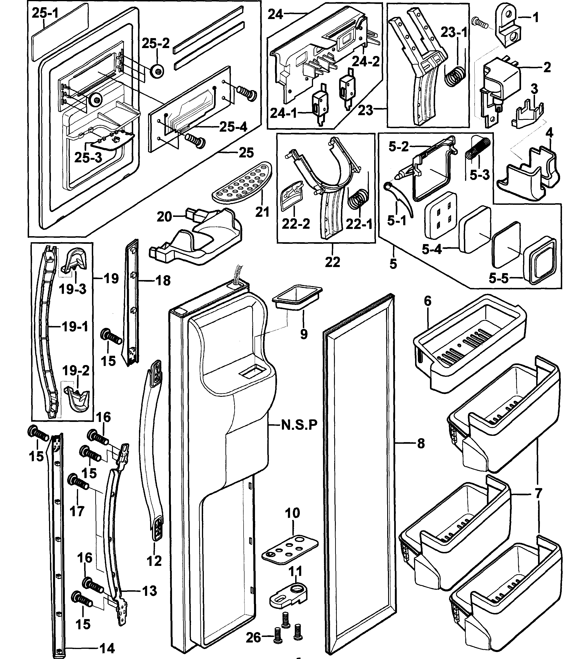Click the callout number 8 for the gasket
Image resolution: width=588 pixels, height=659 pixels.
coord(420,444)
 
